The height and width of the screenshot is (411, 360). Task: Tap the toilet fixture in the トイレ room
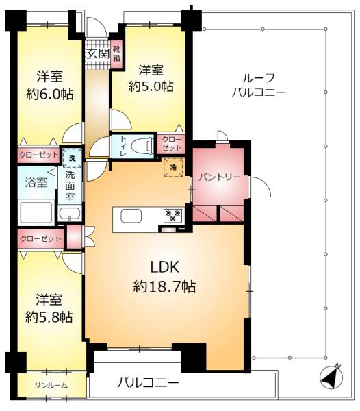click(143, 146)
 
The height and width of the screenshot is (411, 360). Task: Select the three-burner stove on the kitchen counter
click(172, 216)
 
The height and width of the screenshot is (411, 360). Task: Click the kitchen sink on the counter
click(131, 216)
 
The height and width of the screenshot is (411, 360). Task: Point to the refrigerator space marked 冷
click(173, 167)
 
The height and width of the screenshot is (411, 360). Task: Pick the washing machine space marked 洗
click(72, 158)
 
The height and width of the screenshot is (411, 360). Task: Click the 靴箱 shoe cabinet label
click(116, 53)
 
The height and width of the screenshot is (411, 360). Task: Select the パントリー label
click(219, 177)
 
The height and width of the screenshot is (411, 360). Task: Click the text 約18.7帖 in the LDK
click(164, 286)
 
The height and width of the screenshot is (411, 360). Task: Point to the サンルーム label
click(51, 385)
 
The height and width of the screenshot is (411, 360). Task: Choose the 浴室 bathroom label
click(36, 182)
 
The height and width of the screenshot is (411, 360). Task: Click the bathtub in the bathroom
click(36, 213)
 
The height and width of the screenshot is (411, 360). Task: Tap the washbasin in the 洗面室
click(69, 214)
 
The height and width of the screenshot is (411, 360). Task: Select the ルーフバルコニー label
click(259, 85)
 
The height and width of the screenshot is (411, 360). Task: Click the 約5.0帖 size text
click(151, 86)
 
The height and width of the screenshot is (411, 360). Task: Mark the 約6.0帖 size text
click(50, 94)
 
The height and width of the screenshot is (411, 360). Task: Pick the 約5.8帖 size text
click(49, 317)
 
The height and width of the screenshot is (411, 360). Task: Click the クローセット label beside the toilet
click(172, 143)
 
